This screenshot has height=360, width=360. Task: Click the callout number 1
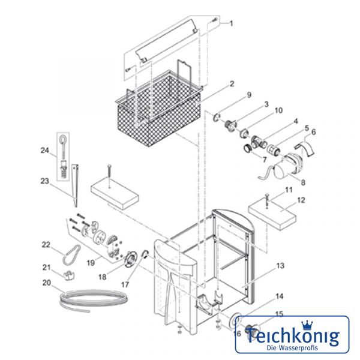231,23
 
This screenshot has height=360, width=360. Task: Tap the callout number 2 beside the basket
232,84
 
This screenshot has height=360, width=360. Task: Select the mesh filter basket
158,108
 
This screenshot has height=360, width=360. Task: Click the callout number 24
45,151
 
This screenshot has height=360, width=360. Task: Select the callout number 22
46,245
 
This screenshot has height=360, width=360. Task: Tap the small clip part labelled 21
69,275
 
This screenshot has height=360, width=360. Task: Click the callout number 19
91,263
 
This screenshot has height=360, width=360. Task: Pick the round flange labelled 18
131,259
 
